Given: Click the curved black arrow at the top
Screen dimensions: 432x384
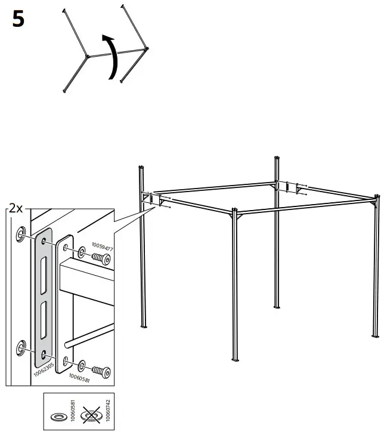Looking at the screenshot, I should tap(110, 57).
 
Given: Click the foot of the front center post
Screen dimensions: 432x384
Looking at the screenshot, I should tap(234, 360).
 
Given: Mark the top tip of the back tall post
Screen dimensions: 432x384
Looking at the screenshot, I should tap(277, 158).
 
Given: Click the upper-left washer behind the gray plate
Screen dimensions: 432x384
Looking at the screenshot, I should tap(22, 232).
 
